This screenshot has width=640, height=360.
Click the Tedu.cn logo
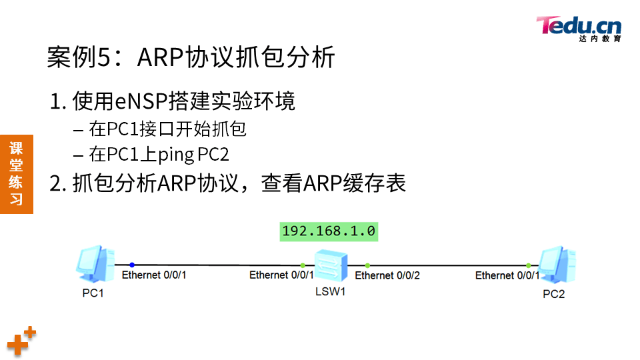pos(579,28)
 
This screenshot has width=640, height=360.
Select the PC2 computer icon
pos(556,265)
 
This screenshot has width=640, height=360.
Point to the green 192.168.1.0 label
pos(329,231)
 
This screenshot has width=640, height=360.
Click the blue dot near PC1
pos(132,265)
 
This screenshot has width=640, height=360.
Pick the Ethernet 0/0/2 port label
pos(387,275)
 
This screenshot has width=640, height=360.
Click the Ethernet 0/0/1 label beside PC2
pos(507,275)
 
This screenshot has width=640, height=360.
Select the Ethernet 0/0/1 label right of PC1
pos(154,275)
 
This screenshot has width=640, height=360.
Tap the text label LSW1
pos(331,291)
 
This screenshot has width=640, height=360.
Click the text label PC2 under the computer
pos(553,294)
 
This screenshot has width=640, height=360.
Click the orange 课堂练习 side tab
pos(16,173)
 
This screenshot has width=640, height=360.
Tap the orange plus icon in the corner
pos(21,341)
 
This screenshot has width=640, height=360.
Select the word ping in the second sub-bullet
pos(176,155)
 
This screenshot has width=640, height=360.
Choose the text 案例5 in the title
pos(75,58)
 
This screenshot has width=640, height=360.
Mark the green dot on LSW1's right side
pos(367,265)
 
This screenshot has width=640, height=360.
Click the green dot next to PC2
pos(529,265)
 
